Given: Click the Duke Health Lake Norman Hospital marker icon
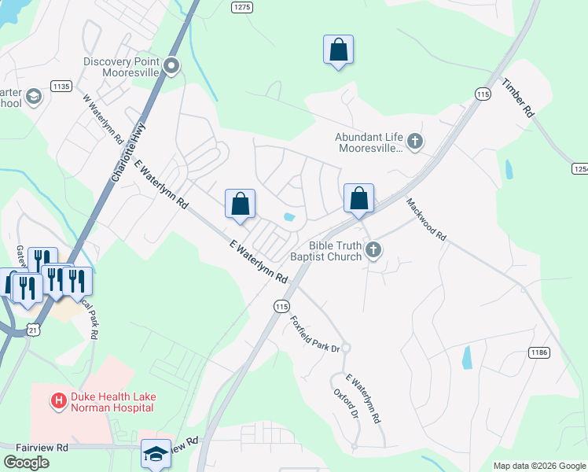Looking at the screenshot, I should [58, 401].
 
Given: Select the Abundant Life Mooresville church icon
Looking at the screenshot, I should [415, 142].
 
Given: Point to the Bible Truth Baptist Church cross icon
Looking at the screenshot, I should [373, 251].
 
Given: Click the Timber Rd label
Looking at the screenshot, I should [518, 98].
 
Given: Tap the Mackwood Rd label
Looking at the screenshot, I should [426, 219].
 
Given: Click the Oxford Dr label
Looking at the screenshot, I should [346, 403].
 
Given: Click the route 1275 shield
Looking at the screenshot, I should [242, 7].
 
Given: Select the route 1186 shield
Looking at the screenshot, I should [538, 353].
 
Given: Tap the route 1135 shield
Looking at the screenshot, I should [61, 85].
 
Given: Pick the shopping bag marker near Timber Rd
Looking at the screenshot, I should [338, 50].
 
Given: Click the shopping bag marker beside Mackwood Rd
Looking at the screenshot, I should [358, 199].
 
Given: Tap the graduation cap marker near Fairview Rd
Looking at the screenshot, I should [156, 453].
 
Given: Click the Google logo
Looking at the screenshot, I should [26, 462].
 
